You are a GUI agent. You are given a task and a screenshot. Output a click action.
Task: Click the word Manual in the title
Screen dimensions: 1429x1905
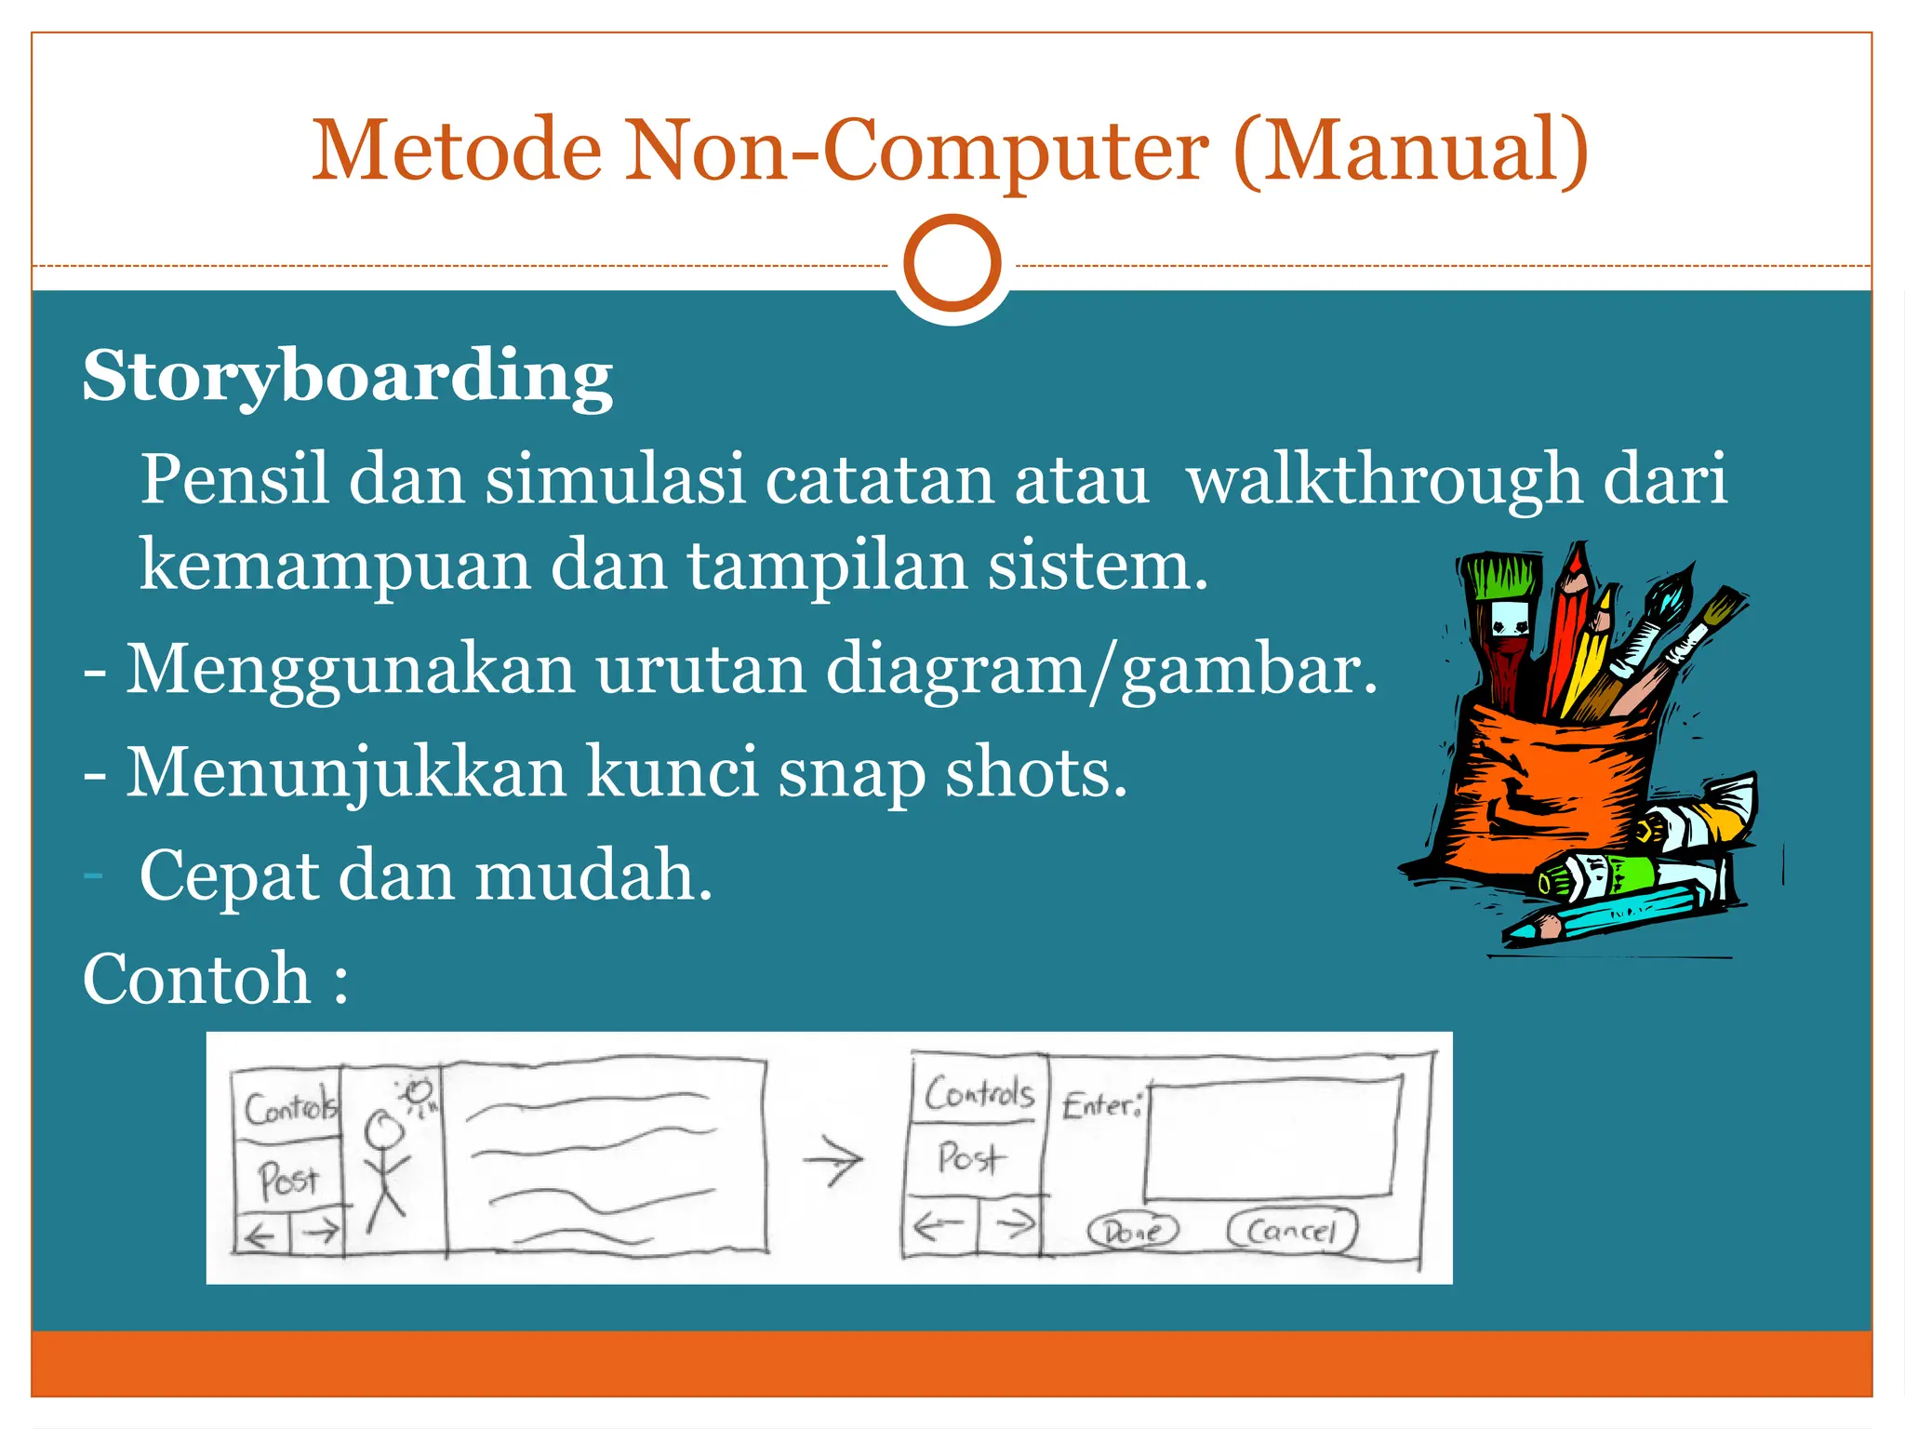tap(1413, 151)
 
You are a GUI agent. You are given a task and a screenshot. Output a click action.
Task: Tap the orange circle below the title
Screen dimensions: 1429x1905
tap(952, 263)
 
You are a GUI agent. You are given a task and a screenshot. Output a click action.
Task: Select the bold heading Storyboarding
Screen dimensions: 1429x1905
tap(347, 377)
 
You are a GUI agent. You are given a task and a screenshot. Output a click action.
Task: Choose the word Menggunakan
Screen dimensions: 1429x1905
tap(351, 670)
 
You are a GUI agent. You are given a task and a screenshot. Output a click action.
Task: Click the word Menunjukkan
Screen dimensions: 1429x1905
tap(346, 773)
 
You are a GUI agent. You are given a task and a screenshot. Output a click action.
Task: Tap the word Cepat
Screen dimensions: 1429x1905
tap(229, 876)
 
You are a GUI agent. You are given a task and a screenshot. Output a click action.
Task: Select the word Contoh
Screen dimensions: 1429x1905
tap(197, 980)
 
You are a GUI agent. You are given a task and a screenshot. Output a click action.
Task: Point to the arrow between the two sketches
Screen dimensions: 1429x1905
tap(834, 1161)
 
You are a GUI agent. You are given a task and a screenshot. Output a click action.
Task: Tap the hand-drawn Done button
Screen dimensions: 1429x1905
tap(1133, 1231)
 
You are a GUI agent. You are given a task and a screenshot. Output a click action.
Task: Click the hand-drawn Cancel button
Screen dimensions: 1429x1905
tap(1292, 1230)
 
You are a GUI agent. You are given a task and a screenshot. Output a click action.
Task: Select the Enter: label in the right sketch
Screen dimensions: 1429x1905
tap(1101, 1105)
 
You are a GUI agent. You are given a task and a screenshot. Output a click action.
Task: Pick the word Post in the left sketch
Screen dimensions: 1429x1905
tap(288, 1180)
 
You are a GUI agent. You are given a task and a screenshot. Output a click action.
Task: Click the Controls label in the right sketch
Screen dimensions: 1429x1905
tap(979, 1093)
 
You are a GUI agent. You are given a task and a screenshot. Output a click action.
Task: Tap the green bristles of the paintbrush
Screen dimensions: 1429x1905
tap(1499, 577)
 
